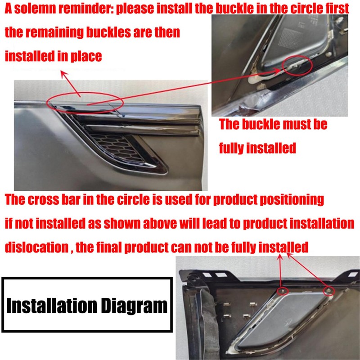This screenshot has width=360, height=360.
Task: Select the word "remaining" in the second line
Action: pos(65,32)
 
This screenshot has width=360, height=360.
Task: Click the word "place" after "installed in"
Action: pos(86,56)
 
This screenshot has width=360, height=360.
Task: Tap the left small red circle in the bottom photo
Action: pos(283,291)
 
